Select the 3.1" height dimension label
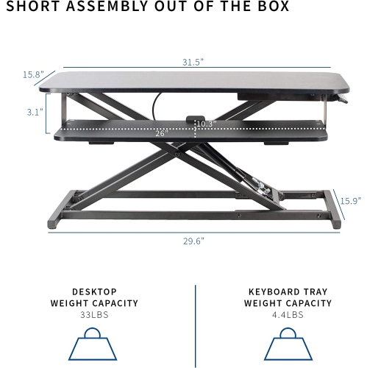(33, 112)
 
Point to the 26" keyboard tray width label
(162, 133)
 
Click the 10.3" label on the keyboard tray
(206, 124)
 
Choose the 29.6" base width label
(194, 240)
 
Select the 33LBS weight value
(94, 314)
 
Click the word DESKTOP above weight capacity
(94, 291)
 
